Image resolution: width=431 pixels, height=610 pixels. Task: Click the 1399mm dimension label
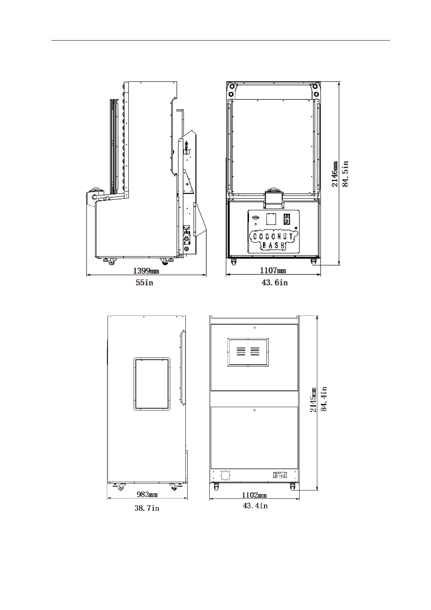click(146, 271)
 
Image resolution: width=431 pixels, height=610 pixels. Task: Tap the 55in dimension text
click(144, 283)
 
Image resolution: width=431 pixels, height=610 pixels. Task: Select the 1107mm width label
click(273, 271)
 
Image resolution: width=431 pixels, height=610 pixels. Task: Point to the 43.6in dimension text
click(275, 283)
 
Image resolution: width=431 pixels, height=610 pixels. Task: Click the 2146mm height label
click(335, 174)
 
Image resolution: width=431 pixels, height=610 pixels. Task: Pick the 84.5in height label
click(345, 174)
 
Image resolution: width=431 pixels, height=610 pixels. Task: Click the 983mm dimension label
click(147, 494)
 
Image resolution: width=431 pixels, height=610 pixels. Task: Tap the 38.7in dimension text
click(147, 508)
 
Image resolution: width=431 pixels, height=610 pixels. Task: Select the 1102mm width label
click(254, 495)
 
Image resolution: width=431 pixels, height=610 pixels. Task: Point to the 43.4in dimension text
click(255, 506)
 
